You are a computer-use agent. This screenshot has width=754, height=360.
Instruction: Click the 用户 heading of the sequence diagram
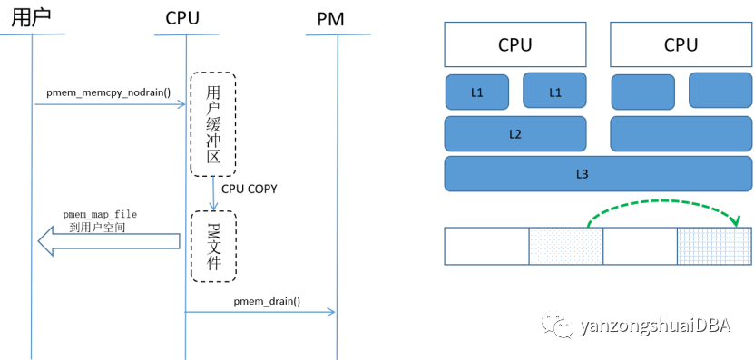tap(32, 16)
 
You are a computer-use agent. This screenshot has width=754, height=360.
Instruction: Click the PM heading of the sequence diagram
tap(336, 17)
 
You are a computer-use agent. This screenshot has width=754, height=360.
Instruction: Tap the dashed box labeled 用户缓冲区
tap(213, 124)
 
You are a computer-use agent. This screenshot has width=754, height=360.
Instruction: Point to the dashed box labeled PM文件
tap(213, 246)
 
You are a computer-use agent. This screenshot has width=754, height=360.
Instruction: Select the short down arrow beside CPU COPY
tap(213, 192)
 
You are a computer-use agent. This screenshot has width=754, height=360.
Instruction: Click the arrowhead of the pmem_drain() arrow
tap(331, 313)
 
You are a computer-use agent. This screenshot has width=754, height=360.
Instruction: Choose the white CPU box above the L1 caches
tap(514, 44)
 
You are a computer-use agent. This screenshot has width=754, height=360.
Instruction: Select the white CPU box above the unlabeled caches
tap(681, 44)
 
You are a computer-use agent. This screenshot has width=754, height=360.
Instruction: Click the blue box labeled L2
tap(514, 133)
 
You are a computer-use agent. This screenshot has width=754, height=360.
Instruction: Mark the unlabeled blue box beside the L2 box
tap(681, 133)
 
